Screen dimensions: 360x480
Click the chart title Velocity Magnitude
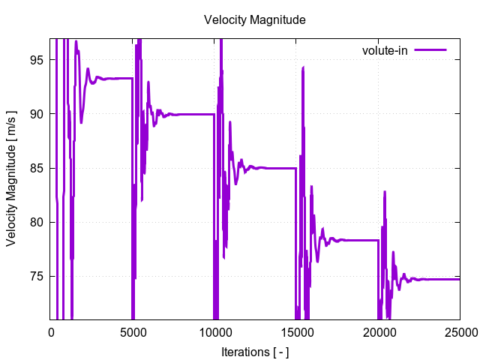254,20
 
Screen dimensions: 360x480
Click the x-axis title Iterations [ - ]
254,351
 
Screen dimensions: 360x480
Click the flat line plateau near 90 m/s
195,114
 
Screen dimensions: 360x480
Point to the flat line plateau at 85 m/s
277,168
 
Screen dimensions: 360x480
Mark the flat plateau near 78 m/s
360,240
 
